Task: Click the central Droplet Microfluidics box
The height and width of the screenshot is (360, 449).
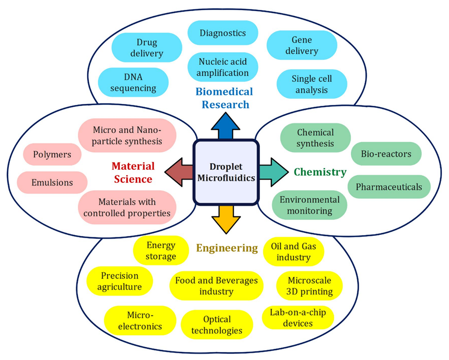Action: point(226,172)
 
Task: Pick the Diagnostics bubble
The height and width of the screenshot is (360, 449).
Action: point(223,33)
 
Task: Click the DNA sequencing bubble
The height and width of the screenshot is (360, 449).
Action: point(133,82)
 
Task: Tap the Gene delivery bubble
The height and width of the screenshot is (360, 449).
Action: point(302,45)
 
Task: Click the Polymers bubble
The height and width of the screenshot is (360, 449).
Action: point(52,154)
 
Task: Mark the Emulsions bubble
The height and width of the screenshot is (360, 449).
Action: point(52,182)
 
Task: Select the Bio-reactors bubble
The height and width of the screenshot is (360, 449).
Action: point(386,154)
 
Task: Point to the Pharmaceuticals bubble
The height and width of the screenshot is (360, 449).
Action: point(389,187)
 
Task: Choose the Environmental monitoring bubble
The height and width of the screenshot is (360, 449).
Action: point(310,205)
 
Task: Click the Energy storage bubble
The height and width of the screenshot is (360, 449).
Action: point(161,250)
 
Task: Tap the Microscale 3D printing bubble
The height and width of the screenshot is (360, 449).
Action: point(309,286)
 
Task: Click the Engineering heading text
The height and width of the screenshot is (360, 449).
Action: point(227,248)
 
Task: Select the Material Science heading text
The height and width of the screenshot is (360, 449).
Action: point(133,172)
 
